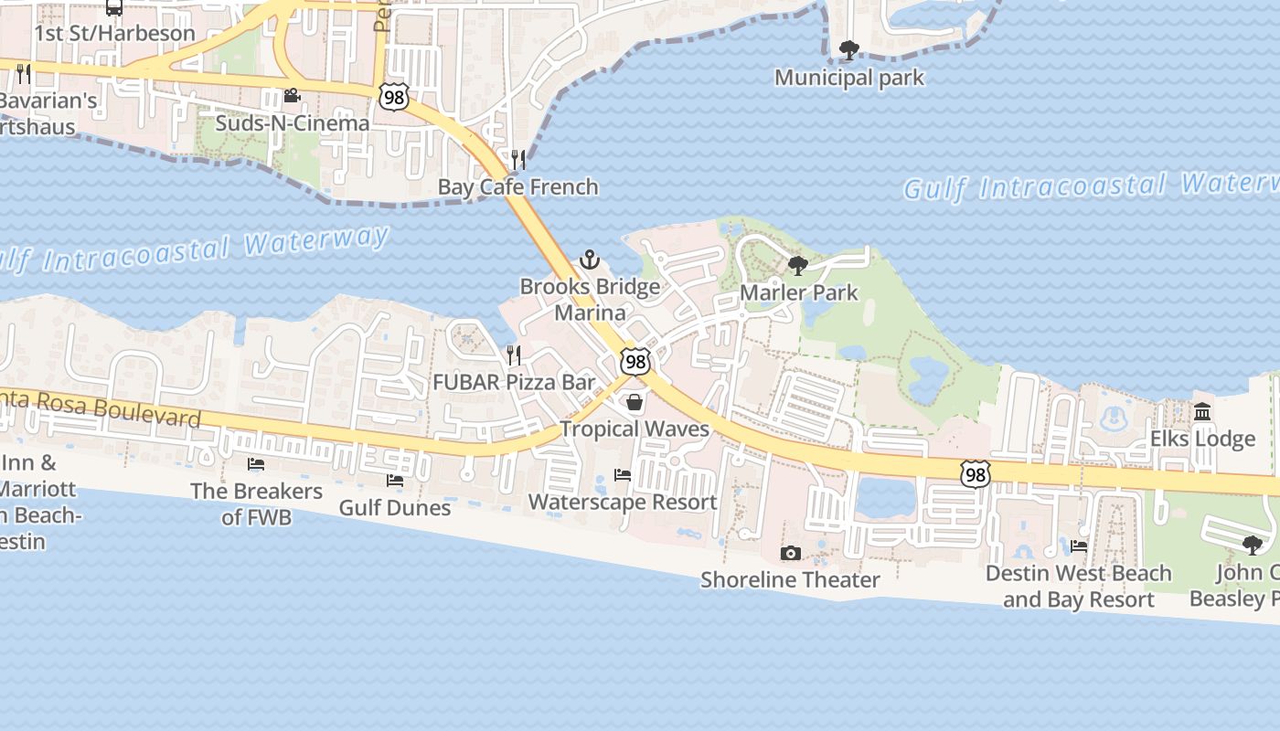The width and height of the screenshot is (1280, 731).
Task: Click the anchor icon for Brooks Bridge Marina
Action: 590,260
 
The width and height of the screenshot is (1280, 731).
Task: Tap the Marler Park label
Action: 798,292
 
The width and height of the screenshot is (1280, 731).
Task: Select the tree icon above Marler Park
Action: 797,266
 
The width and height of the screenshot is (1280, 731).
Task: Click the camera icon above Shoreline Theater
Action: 791,553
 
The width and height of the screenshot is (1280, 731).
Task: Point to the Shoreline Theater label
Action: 790,579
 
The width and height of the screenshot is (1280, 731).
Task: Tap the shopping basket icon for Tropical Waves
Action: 635,402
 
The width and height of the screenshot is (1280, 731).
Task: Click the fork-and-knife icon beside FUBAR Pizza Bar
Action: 514,355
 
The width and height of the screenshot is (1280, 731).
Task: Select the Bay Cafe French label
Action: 517,186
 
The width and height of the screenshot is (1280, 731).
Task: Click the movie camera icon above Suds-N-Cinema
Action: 292,96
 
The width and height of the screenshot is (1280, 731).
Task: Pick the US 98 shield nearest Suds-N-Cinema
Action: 394,97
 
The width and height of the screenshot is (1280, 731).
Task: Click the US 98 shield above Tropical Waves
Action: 635,362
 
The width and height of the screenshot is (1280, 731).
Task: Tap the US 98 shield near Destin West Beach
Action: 976,474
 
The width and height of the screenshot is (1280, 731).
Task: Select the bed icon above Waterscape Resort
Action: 623,475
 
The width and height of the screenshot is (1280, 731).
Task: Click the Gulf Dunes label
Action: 395,507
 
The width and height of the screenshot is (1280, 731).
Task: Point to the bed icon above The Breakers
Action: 256,464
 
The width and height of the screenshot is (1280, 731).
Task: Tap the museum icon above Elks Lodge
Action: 1202,412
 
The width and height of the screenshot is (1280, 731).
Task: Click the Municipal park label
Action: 849,78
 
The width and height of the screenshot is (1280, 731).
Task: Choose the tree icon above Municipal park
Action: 849,50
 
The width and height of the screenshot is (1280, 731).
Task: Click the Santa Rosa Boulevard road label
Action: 101,407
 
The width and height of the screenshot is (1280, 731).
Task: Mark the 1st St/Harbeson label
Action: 114,33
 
